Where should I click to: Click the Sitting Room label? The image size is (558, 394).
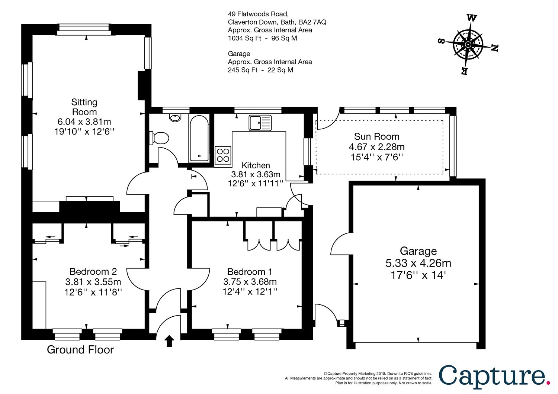(84, 107)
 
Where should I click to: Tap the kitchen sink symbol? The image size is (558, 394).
(260, 123)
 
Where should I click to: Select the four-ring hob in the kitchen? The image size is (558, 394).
(223, 155)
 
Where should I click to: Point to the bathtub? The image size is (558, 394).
(199, 139)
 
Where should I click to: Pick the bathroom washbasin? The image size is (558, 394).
(175, 118)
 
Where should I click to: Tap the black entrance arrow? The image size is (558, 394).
(169, 341)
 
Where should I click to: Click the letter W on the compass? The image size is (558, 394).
(472, 18)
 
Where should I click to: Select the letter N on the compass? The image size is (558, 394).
(494, 48)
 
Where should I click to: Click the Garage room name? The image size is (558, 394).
(418, 251)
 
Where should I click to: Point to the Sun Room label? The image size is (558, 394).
(376, 136)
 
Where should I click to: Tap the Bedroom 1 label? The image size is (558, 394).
(250, 272)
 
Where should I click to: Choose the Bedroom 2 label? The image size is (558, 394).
(93, 271)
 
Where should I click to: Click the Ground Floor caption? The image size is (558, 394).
(80, 350)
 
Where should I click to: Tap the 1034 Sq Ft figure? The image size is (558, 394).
(245, 38)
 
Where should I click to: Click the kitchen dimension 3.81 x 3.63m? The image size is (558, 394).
(256, 174)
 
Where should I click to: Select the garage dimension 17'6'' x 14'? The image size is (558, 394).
(418, 275)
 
